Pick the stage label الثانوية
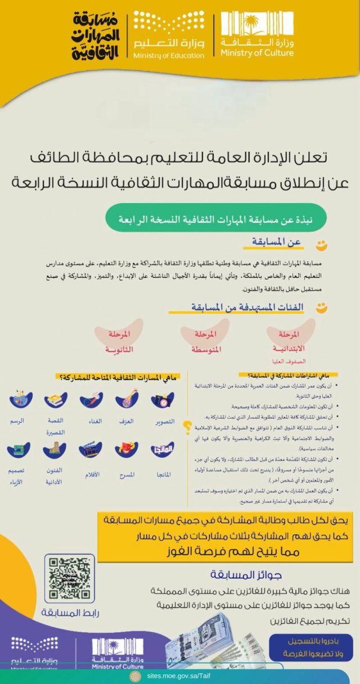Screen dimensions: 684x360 tap(119, 341)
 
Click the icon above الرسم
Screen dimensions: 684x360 tap(21, 400)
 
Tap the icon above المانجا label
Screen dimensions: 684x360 tap(163, 450)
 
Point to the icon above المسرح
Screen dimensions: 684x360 tap(127, 450)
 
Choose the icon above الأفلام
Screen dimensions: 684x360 tap(92, 450)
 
